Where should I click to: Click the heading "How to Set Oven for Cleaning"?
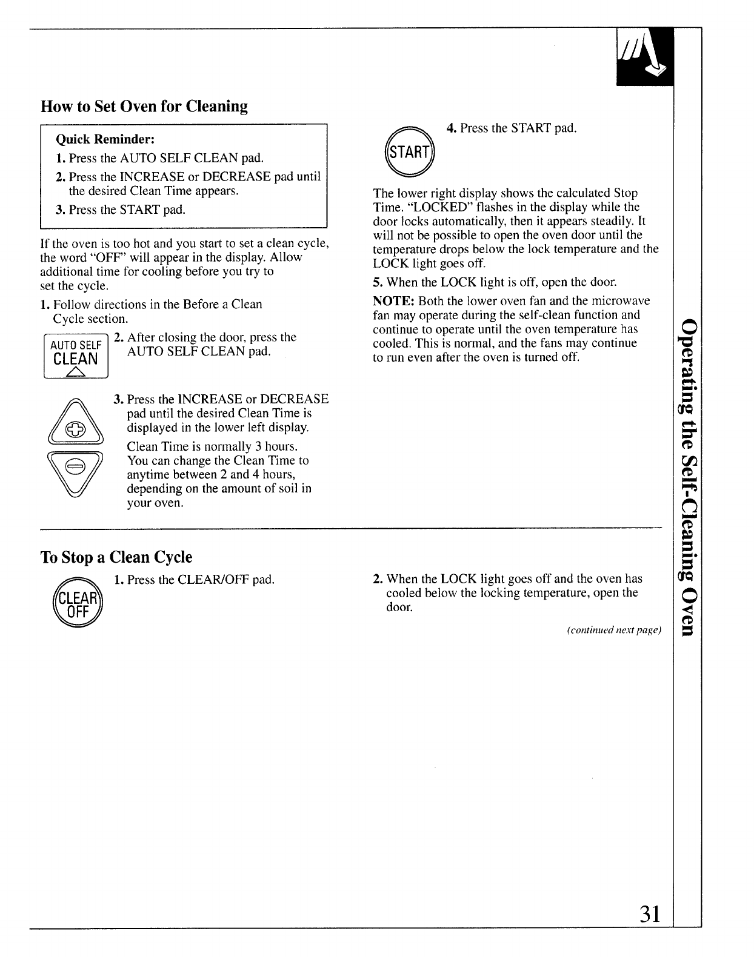click(144, 107)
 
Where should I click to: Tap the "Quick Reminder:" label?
click(105, 139)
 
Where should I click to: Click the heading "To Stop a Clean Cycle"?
click(116, 557)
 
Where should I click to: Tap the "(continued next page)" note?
click(613, 631)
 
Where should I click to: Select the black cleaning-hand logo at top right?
click(644, 58)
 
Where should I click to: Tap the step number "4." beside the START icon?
click(452, 128)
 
